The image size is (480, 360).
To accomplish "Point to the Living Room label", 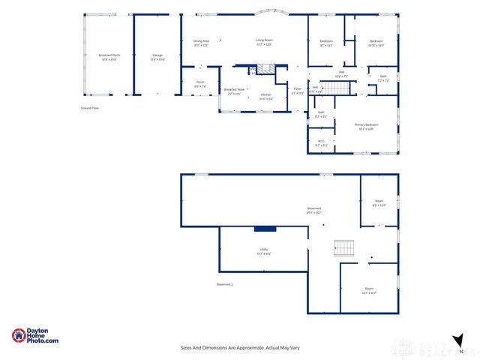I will tap(263, 42).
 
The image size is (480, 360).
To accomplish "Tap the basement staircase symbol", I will tap(343, 248).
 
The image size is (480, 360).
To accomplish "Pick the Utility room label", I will tap(264, 251).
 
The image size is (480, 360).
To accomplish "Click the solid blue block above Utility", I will tap(265, 229).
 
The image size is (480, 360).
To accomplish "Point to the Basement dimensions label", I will tap(314, 211).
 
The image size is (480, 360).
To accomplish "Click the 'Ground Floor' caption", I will tap(90, 109).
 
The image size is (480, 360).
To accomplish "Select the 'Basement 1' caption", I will tap(225, 284).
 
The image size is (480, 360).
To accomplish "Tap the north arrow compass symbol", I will tap(457, 340).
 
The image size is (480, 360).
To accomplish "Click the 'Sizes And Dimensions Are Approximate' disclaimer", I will tap(239, 347).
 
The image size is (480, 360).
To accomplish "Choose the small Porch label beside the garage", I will tap(200, 84).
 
